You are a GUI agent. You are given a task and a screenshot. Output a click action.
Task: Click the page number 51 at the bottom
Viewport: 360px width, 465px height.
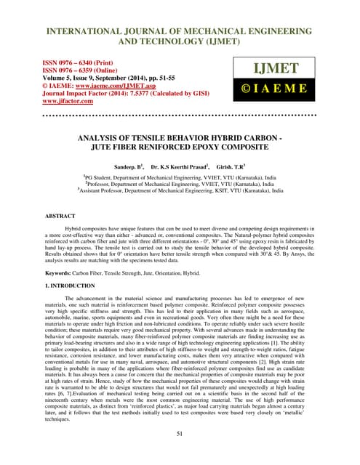[180, 434]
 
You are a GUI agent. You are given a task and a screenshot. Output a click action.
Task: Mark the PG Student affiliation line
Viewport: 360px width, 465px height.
[180, 176]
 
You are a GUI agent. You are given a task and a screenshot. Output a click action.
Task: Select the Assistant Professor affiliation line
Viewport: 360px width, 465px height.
[180, 191]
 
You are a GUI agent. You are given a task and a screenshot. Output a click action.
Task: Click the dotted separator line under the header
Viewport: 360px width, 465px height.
[180, 114]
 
